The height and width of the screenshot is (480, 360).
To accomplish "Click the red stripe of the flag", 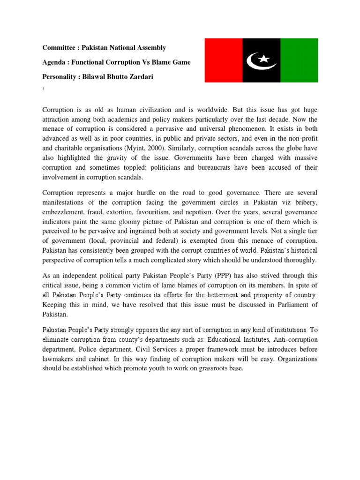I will (x=223, y=60).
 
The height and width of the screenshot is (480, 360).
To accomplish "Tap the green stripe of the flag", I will (x=299, y=60).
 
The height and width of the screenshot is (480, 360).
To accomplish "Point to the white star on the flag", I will (x=264, y=59).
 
